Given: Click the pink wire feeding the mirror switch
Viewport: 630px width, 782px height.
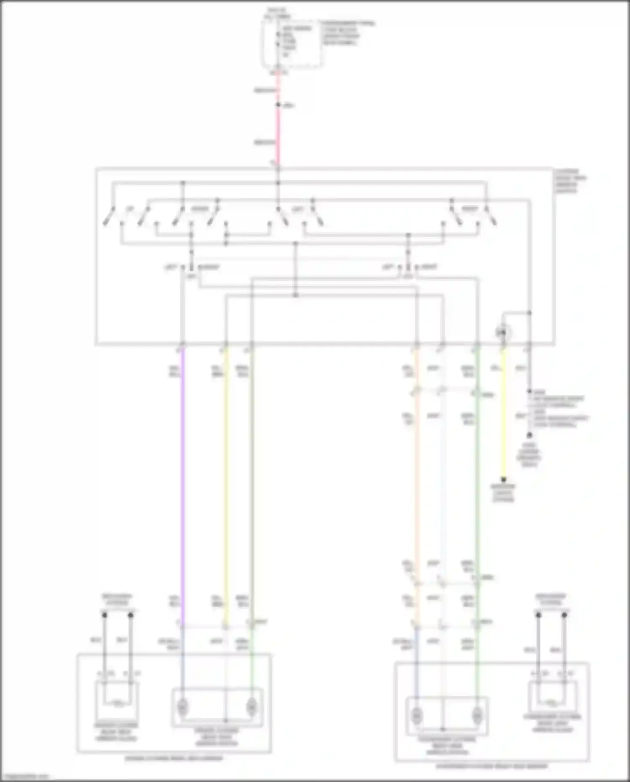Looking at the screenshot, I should tap(278, 126).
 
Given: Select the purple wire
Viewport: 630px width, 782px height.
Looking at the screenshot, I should tap(183, 483).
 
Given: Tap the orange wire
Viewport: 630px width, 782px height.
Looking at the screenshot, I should tap(417, 483).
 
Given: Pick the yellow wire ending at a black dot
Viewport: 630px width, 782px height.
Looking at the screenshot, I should tap(504, 420).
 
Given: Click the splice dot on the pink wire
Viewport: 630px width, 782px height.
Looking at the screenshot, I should tap(278, 105).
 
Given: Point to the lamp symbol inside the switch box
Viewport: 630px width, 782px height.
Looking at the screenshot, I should tap(503, 333).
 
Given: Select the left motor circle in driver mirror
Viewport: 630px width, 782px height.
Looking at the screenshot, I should tap(183, 708).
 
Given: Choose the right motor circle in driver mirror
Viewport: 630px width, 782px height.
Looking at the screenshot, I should tap(251, 708).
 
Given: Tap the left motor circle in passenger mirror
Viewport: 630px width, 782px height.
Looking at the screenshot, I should tap(417, 714).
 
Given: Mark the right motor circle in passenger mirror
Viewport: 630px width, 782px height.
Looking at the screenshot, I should tap(477, 714).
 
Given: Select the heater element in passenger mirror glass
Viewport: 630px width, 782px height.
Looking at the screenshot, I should tap(551, 702).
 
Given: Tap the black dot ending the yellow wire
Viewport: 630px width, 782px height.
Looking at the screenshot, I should tap(504, 479).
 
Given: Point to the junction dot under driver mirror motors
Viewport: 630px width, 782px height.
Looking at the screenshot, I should tap(226, 721).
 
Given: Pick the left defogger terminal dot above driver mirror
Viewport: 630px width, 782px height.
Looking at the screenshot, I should tap(105, 615).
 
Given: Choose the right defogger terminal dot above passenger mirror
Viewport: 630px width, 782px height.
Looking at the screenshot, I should tap(564, 615).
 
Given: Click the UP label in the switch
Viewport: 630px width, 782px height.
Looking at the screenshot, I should tap(130, 209).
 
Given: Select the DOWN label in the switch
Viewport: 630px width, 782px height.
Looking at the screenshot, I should tap(200, 209).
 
